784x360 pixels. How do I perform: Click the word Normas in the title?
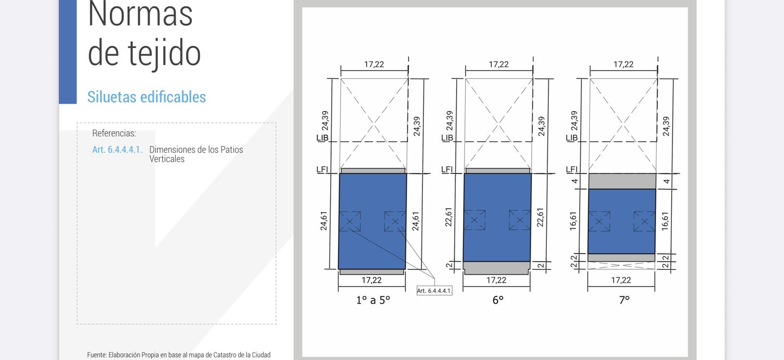(x=140, y=14)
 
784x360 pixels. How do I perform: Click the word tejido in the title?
(x=164, y=53)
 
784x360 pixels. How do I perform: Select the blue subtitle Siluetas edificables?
(x=147, y=97)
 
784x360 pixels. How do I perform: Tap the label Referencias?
(x=114, y=133)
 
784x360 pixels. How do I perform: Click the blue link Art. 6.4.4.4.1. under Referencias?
(x=117, y=150)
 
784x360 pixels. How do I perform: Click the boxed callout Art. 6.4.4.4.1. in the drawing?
(x=434, y=291)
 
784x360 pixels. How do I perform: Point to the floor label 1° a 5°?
(x=373, y=300)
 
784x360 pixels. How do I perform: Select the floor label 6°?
(x=498, y=300)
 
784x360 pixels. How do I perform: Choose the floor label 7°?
(x=624, y=300)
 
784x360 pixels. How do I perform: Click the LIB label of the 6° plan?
(x=447, y=138)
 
